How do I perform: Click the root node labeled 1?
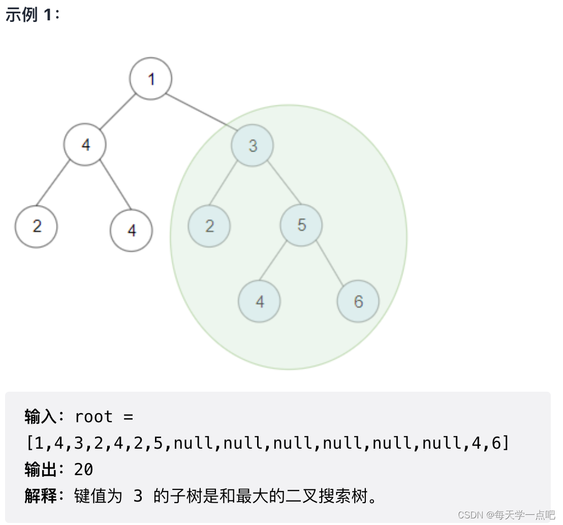pos(150,79)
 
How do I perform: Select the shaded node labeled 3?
pos(253,145)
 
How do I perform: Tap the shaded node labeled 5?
pos(301,225)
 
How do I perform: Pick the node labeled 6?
pos(358,301)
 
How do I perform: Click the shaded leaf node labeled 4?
pos(259,301)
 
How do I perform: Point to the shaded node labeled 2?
pos(209,226)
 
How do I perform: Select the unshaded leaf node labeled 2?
pos(36,226)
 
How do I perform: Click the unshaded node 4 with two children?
pos(85,144)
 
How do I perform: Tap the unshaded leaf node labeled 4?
pos(131,230)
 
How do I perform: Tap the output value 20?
pos(84,470)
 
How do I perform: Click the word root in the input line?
pos(93,417)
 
